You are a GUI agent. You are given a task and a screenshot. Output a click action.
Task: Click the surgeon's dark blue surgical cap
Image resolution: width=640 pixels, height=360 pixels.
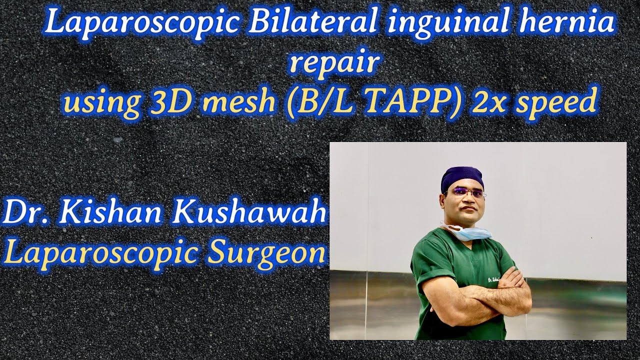[x=462, y=177]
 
